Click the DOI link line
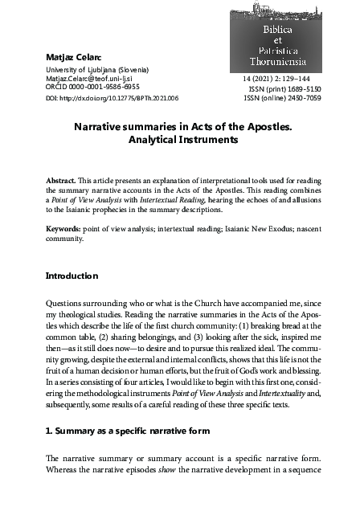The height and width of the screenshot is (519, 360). pos(112,97)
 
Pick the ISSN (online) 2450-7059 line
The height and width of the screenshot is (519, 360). pos(281,98)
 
